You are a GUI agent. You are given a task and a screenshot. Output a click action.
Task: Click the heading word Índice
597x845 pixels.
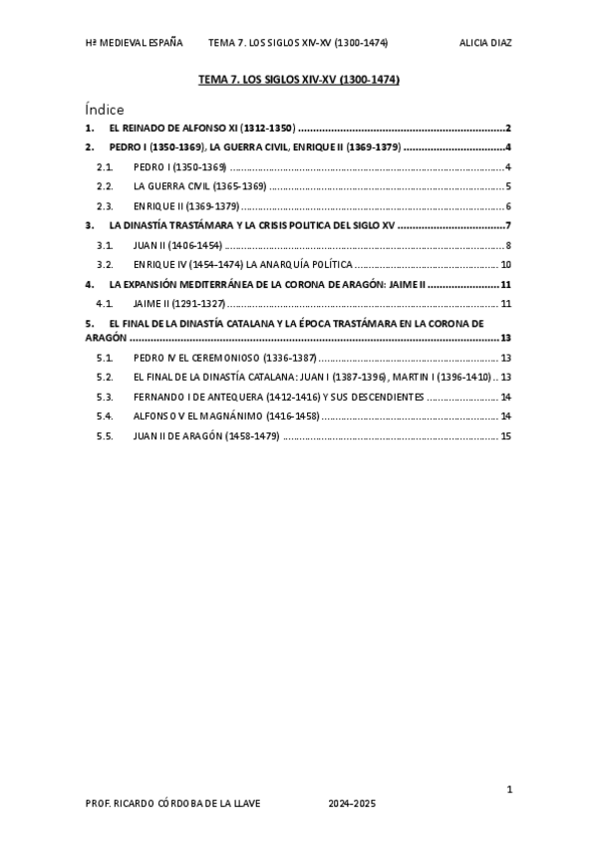[x=105, y=110]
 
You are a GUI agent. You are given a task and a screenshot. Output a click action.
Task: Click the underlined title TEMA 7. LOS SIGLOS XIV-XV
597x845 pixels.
[x=299, y=80]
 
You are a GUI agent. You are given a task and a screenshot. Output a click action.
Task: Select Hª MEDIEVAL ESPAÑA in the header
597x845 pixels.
[x=135, y=43]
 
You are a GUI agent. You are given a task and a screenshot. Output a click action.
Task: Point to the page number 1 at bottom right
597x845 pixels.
[x=509, y=789]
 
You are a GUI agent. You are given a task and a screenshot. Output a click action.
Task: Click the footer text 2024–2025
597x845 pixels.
[x=353, y=803]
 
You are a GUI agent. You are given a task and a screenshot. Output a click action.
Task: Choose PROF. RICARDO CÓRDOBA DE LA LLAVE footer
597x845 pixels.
[x=174, y=803]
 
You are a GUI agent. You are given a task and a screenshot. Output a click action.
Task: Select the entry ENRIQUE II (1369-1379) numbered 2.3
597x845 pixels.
[x=186, y=206]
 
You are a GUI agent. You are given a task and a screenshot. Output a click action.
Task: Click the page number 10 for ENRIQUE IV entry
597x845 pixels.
[x=506, y=265]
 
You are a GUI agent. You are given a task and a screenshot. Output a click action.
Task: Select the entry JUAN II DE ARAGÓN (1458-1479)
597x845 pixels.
[x=205, y=435]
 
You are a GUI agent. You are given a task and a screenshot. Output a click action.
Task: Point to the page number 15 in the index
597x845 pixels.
[x=506, y=435]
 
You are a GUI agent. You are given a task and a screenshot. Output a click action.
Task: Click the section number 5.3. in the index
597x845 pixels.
[x=105, y=397]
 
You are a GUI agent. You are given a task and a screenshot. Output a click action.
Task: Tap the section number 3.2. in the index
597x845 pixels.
[x=105, y=265]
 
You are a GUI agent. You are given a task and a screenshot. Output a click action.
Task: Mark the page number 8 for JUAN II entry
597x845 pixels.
[x=508, y=245]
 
